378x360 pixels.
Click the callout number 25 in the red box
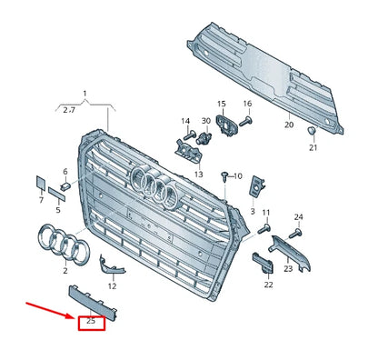click(91, 321)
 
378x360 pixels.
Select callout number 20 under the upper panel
click(289, 125)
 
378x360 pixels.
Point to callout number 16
click(246, 105)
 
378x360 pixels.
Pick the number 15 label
click(221, 105)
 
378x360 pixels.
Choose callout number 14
click(184, 121)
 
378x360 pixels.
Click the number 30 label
click(205, 121)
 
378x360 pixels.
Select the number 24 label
click(298, 216)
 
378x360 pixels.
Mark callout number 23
click(288, 269)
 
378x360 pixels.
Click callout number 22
click(268, 285)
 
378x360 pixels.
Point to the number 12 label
click(113, 285)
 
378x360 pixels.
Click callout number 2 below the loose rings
click(65, 270)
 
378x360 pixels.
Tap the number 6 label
click(65, 172)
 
